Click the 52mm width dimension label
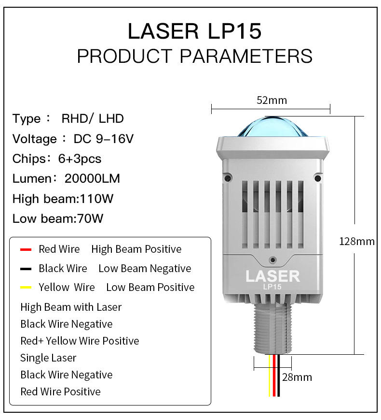tap(272, 100)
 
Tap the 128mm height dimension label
tap(356, 241)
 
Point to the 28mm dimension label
tap(297, 377)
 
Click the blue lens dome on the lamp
tap(273, 127)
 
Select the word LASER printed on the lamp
tap(272, 276)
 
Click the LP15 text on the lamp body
tap(272, 287)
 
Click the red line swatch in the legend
tap(26, 249)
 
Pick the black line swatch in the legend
tap(26, 269)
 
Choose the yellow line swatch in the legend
tap(26, 288)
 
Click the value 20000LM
tap(92, 178)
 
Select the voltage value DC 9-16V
tap(103, 139)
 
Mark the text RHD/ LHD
tap(93, 118)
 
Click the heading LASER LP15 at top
tap(194, 31)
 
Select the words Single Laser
tap(48, 358)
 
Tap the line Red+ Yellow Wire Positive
tap(80, 341)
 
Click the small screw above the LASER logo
tap(273, 259)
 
